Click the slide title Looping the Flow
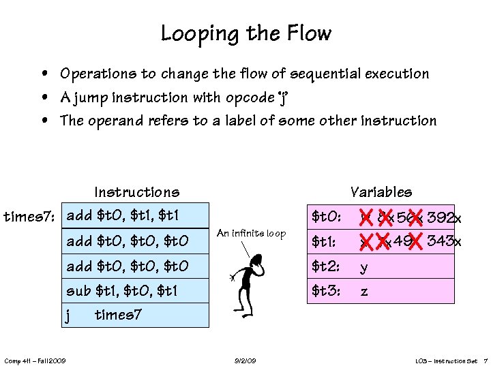pyautogui.click(x=245, y=33)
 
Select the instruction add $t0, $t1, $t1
pyautogui.click(x=123, y=216)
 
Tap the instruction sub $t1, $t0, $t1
pyautogui.click(x=122, y=290)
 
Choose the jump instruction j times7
pyautogui.click(x=104, y=315)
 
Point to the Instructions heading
pyautogui.click(x=137, y=192)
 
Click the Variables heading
pyautogui.click(x=381, y=192)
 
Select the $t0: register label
pyautogui.click(x=326, y=217)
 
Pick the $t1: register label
pyautogui.click(x=325, y=241)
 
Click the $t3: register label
pyautogui.click(x=326, y=291)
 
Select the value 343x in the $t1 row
pyautogui.click(x=444, y=241)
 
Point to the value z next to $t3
pyautogui.click(x=364, y=292)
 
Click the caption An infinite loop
pyautogui.click(x=251, y=234)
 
